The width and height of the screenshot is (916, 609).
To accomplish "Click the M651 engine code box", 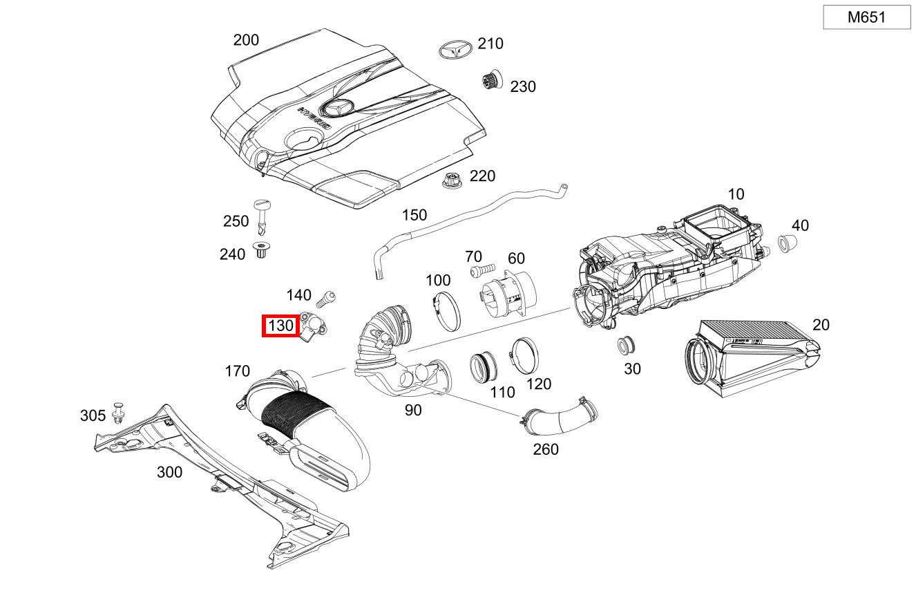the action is tap(866, 17).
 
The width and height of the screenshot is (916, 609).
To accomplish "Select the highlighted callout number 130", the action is tap(280, 326).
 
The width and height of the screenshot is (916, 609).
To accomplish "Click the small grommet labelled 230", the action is tap(492, 81).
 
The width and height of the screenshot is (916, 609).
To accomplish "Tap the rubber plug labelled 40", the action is tap(787, 243).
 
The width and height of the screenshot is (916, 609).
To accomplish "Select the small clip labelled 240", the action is tap(262, 250).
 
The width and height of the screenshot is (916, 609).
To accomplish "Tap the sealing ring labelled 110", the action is tap(481, 366).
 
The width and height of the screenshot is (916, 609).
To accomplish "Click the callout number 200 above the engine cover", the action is tap(246, 40).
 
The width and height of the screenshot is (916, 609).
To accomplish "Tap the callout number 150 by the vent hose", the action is tap(414, 215).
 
